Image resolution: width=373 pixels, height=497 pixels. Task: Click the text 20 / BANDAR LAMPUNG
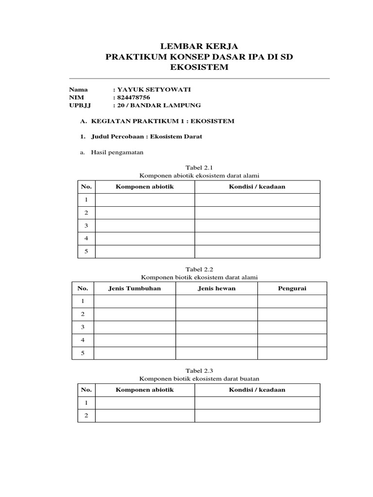pyautogui.click(x=158, y=105)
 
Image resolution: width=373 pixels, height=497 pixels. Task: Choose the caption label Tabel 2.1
pyautogui.click(x=199, y=167)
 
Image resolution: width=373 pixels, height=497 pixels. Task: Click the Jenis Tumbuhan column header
pyautogui.click(x=135, y=288)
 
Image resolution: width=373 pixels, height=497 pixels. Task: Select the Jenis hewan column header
pyautogui.click(x=217, y=288)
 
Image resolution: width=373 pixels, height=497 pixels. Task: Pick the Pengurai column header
pyautogui.click(x=292, y=288)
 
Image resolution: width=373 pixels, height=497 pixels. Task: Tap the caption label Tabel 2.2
pyautogui.click(x=199, y=269)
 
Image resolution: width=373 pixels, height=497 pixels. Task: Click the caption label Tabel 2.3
pyautogui.click(x=199, y=370)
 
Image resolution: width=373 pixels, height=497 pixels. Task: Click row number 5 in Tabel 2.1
pyautogui.click(x=86, y=251)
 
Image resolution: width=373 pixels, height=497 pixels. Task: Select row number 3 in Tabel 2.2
pyautogui.click(x=83, y=327)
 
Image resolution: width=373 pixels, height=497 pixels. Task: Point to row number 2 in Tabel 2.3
pyautogui.click(x=86, y=415)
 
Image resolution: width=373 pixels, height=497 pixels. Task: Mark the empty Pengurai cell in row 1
pyautogui.click(x=292, y=301)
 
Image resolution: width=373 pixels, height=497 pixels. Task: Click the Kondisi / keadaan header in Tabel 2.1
pyautogui.click(x=257, y=187)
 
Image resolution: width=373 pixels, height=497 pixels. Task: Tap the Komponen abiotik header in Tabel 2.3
pyautogui.click(x=145, y=390)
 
